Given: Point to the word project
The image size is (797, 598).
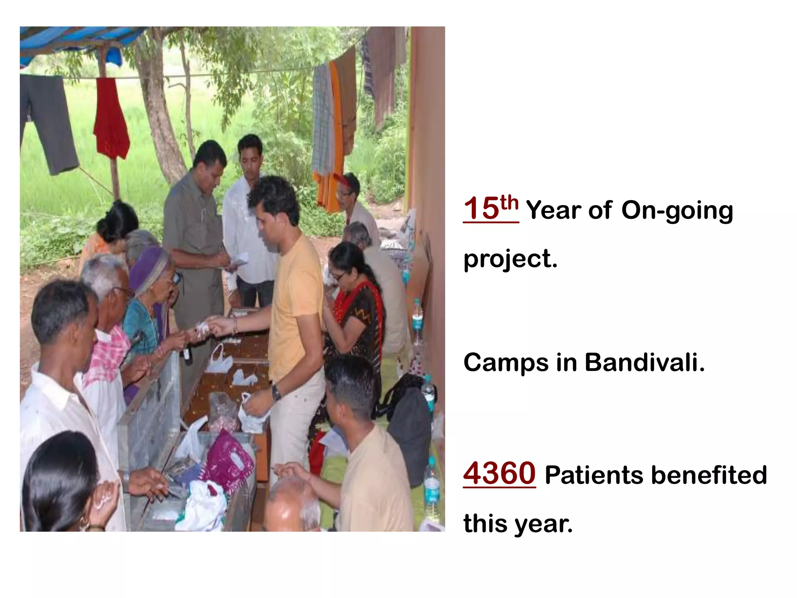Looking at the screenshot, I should [510, 259].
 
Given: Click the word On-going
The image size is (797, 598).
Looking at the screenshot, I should [677, 211].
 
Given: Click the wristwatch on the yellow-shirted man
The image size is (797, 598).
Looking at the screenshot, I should [276, 392].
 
